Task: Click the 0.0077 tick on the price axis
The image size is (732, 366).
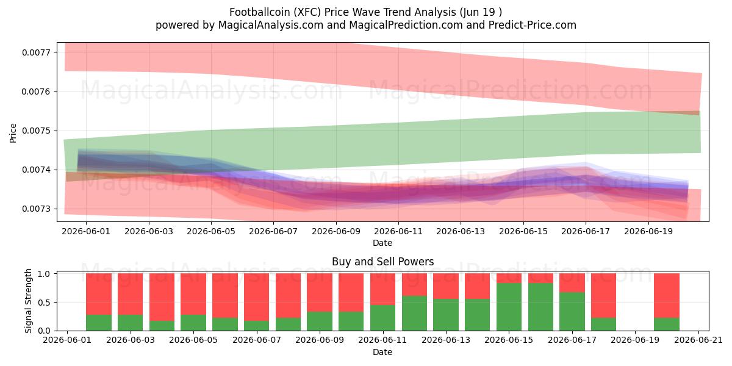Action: (x=35, y=52)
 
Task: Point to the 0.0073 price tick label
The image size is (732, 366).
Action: (x=35, y=209)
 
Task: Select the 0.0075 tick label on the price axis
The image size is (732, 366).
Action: (x=35, y=131)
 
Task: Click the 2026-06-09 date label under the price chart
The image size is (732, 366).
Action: (x=336, y=231)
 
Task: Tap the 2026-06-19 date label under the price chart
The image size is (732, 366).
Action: (x=648, y=231)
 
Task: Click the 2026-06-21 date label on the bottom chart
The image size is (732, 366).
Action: (x=698, y=340)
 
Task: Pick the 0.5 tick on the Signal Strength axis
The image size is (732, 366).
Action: (x=44, y=303)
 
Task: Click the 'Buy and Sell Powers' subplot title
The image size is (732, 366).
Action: (x=382, y=262)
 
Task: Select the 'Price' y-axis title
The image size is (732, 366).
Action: (x=13, y=133)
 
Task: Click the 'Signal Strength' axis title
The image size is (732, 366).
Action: (x=29, y=301)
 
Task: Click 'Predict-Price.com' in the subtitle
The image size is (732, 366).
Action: (x=533, y=25)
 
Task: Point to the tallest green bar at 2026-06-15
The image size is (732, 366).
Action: (x=509, y=307)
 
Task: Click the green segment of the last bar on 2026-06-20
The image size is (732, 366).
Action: (x=667, y=324)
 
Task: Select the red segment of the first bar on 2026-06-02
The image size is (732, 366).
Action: (x=99, y=294)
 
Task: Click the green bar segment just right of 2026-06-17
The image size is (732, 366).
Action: (x=572, y=312)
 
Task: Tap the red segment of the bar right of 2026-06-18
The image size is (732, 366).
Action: (x=603, y=296)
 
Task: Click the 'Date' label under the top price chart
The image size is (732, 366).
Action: (x=382, y=243)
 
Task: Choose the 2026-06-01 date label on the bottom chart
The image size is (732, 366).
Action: (x=67, y=340)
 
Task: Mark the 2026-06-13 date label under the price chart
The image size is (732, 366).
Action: (x=461, y=231)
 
